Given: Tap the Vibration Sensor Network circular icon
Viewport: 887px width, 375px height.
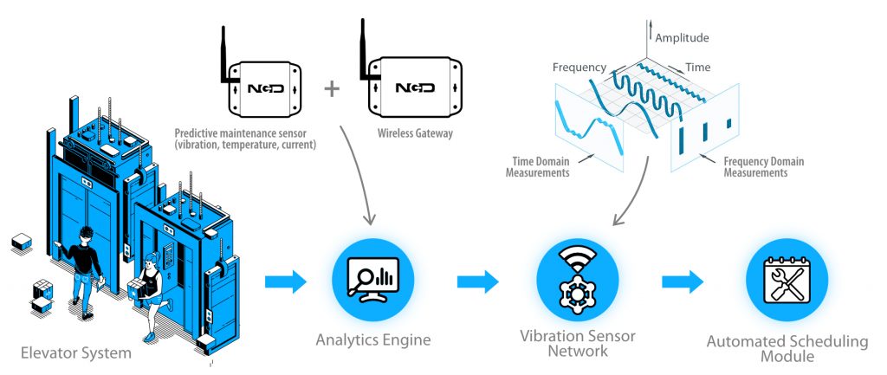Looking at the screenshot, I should pos(579,281).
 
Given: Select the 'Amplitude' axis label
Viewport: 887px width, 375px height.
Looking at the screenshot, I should pos(682,38).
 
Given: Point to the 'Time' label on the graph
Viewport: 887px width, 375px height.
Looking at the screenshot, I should pos(698,66).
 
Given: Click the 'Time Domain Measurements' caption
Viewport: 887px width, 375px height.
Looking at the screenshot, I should pos(538,167).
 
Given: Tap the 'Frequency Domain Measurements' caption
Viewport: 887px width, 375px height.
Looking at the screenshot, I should pos(763,167).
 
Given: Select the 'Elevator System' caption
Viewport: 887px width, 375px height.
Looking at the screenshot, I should pos(77,352).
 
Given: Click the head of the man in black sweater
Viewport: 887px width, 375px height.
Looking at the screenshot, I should pos(86,235).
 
